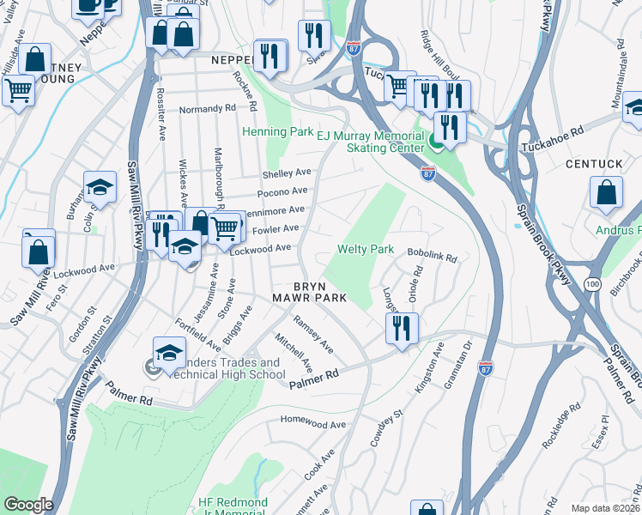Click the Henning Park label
277,132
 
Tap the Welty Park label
365,249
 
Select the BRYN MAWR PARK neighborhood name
320,292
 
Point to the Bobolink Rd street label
433,257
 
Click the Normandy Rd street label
207,110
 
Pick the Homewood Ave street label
314,424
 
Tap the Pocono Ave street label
282,191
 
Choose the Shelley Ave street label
286,173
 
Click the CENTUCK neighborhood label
593,163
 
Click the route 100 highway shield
591,283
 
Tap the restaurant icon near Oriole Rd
401,328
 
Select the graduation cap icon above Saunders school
169,352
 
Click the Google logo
28,505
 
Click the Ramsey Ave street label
313,334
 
